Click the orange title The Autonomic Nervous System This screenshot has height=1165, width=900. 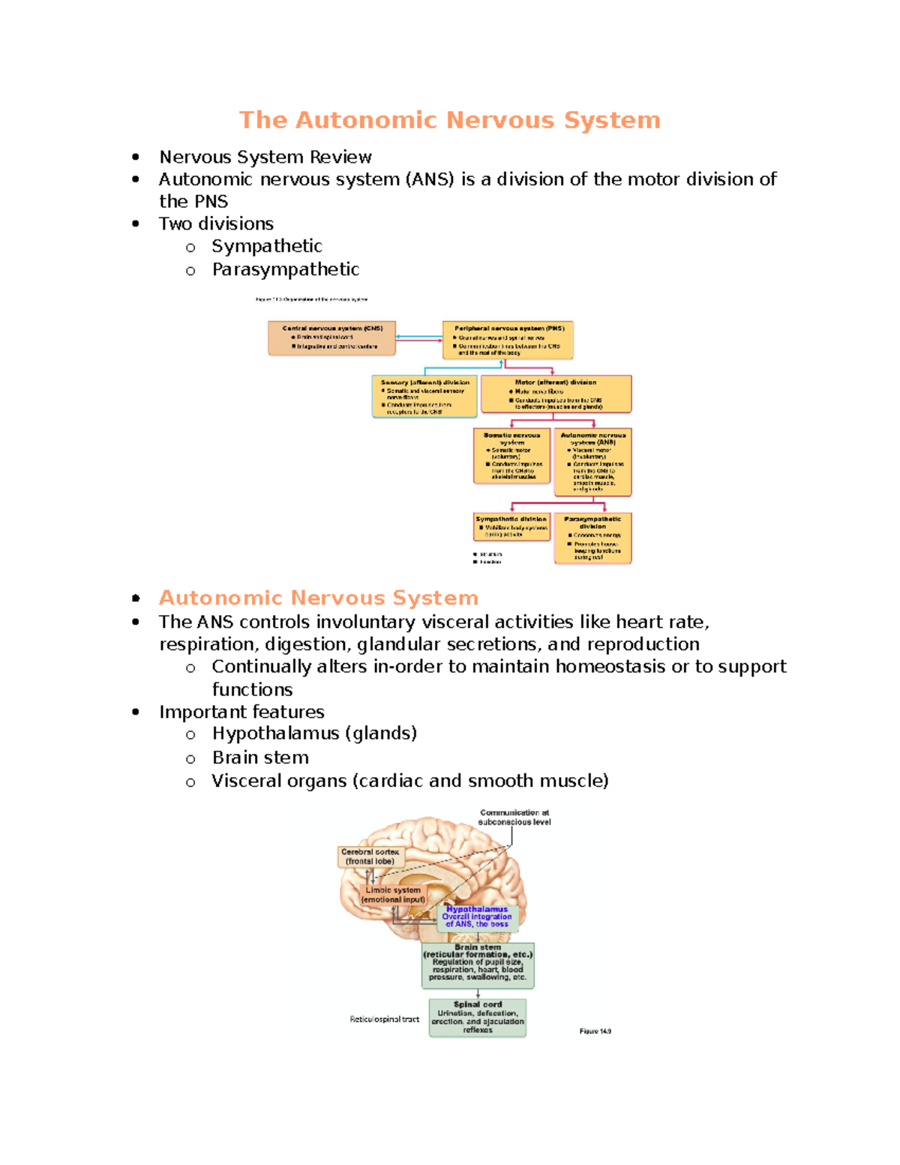[449, 120]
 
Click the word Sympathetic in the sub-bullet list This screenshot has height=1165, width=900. [266, 246]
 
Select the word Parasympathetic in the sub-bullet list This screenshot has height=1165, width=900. [285, 269]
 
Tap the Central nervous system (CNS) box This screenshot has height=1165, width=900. [332, 338]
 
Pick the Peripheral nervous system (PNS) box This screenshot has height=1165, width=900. [508, 341]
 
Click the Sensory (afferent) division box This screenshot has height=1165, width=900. [424, 396]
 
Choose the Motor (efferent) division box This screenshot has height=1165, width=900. [556, 394]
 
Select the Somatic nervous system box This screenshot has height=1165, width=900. [512, 455]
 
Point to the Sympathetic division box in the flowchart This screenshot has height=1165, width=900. [511, 527]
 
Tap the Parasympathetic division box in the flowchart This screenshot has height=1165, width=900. [592, 537]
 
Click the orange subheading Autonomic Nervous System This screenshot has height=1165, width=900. [318, 598]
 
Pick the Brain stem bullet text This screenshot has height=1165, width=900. [260, 757]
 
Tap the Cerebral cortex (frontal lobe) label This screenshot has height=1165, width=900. [370, 857]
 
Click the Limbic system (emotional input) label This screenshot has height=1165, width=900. [393, 894]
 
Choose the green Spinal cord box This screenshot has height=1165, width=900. [478, 1017]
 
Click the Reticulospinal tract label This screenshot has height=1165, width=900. [384, 1019]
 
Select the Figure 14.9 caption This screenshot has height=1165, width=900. [595, 1031]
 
